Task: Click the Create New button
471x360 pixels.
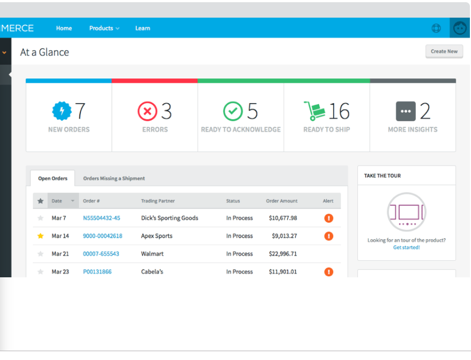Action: pyautogui.click(x=444, y=51)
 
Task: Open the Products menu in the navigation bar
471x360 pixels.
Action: pyautogui.click(x=104, y=28)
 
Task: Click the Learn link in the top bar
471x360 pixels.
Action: pyautogui.click(x=142, y=28)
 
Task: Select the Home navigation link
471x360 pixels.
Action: pyautogui.click(x=64, y=28)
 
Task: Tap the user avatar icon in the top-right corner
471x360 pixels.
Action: pyautogui.click(x=459, y=28)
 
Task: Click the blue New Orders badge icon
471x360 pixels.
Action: pyautogui.click(x=61, y=111)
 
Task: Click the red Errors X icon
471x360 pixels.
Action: pyautogui.click(x=147, y=111)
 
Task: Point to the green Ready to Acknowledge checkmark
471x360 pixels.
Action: pyautogui.click(x=233, y=111)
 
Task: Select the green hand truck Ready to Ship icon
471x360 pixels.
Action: pyautogui.click(x=314, y=111)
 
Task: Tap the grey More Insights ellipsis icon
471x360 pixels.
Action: pyautogui.click(x=405, y=111)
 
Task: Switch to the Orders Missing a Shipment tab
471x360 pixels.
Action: pyautogui.click(x=114, y=179)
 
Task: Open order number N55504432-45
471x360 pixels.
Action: pyautogui.click(x=101, y=218)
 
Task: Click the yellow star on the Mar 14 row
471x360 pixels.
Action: pyautogui.click(x=40, y=236)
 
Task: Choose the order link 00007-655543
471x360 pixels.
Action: pyautogui.click(x=101, y=254)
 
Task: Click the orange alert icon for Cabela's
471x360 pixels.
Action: pyautogui.click(x=329, y=272)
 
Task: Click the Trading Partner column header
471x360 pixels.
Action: pyautogui.click(x=158, y=201)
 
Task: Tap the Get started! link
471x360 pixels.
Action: pyautogui.click(x=406, y=248)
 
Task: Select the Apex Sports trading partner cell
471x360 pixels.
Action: pyautogui.click(x=157, y=236)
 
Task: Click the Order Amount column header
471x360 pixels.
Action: pyautogui.click(x=282, y=201)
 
